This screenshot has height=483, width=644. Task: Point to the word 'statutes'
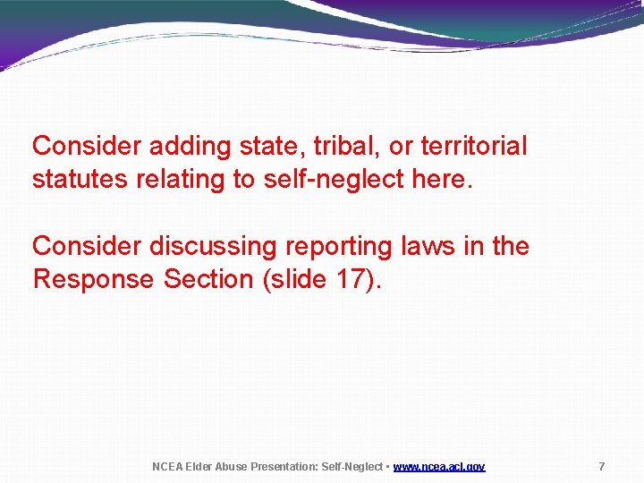click(80, 180)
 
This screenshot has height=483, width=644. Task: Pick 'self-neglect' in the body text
click(334, 180)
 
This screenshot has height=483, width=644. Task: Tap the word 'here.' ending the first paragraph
click(441, 180)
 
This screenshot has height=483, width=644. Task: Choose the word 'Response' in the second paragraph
click(94, 280)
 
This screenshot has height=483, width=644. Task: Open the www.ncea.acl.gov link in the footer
click(439, 467)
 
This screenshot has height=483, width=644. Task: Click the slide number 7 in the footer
click(601, 467)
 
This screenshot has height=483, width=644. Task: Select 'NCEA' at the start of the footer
click(166, 467)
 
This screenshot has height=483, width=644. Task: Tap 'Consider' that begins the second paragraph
click(87, 246)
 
